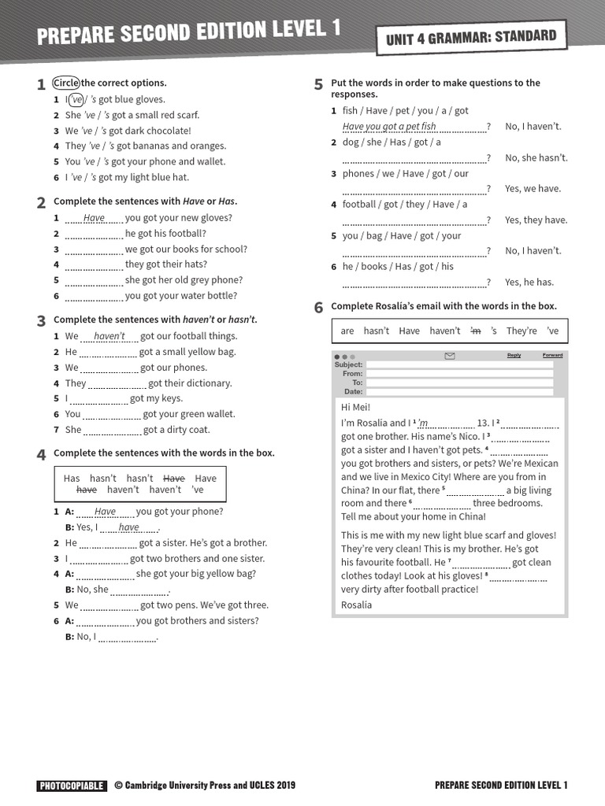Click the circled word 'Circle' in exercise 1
coord(66,83)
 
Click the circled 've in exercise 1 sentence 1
coord(76,99)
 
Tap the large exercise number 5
coord(318,85)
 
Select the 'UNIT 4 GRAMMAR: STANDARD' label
coord(471,37)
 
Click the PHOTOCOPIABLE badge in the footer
coord(71,785)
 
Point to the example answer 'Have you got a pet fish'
coord(389,127)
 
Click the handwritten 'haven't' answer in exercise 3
coord(109,336)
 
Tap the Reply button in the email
coord(514,356)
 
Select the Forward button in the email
coord(552,356)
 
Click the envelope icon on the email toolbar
coord(450,357)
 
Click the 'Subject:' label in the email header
coord(349,365)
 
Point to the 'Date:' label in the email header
coord(353,391)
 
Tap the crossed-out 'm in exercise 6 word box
coord(475,331)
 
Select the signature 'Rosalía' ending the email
coord(358,604)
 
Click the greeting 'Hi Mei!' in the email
coord(356,407)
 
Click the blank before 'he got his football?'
coord(93,234)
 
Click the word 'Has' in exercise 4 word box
coord(72,479)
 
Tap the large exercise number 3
coord(41,321)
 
